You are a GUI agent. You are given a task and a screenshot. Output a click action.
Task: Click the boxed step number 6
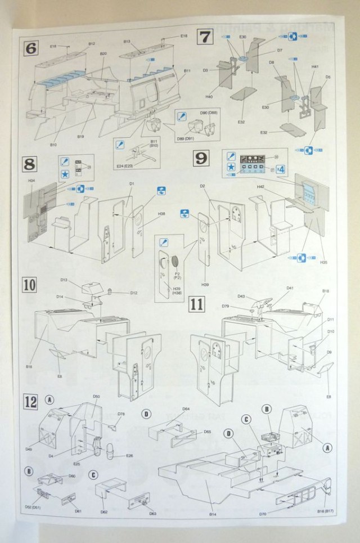coord(31,48)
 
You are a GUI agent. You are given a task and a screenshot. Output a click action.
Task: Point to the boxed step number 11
coord(196,304)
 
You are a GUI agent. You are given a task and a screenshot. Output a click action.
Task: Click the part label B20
coord(103,53)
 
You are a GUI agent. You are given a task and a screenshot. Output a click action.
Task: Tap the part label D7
coord(279,50)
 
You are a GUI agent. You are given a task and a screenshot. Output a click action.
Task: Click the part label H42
coord(260,186)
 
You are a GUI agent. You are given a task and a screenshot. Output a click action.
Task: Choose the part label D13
coord(64,280)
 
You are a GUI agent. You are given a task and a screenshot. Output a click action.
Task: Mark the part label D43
coord(241,297)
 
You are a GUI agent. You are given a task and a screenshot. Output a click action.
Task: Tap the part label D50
coord(96,397)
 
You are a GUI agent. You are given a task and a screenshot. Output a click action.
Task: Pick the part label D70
coord(263,513)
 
